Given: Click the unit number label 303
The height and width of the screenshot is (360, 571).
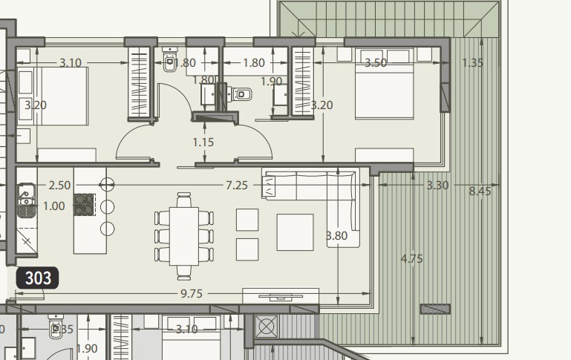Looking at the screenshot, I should pyautogui.click(x=38, y=278).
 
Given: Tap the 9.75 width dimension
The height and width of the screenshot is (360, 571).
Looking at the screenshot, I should pyautogui.click(x=191, y=293).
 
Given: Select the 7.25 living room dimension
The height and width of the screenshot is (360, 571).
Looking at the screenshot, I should pyautogui.click(x=236, y=185).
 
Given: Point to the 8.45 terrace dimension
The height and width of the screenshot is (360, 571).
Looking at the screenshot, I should pyautogui.click(x=480, y=191).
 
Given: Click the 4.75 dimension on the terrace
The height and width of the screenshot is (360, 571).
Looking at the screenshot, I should pyautogui.click(x=411, y=259).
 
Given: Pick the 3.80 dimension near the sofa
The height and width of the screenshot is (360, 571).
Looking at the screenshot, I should pyautogui.click(x=337, y=236).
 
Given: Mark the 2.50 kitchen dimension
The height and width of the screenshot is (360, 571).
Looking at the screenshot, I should pyautogui.click(x=60, y=185).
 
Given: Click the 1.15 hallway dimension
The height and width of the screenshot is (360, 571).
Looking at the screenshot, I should pyautogui.click(x=203, y=141).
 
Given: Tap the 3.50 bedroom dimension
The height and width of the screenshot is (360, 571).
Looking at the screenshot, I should pyautogui.click(x=375, y=63).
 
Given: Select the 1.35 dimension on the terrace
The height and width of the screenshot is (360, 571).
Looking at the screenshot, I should pyautogui.click(x=472, y=63).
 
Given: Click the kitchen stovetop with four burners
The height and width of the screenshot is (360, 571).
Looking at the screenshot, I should pyautogui.click(x=84, y=204).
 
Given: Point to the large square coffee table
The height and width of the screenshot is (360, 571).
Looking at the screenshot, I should pyautogui.click(x=295, y=232).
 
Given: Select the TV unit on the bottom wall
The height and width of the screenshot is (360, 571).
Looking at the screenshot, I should pyautogui.click(x=280, y=295).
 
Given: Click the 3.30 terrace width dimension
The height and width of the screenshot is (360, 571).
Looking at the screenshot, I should pyautogui.click(x=437, y=185).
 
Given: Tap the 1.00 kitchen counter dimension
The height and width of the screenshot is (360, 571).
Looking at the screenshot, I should pyautogui.click(x=53, y=206).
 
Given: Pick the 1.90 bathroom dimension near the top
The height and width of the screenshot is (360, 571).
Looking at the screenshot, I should pyautogui.click(x=271, y=82).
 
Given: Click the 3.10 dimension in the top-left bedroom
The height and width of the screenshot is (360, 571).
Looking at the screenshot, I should pyautogui.click(x=70, y=63).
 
